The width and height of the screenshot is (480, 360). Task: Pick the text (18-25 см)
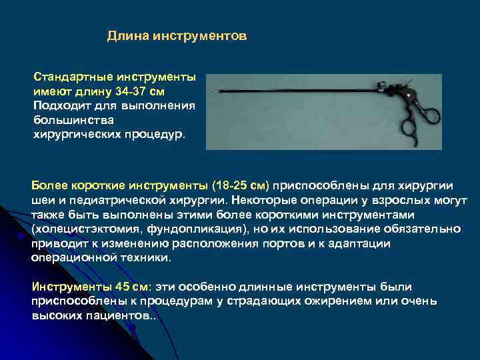point(241,185)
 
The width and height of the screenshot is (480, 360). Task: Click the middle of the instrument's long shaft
point(293,91)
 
